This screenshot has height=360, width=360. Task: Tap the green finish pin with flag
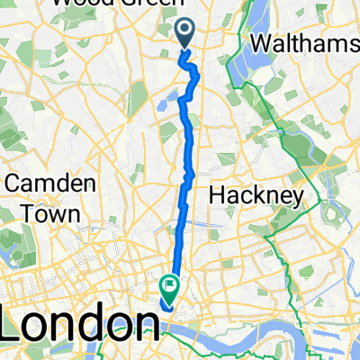(168, 286)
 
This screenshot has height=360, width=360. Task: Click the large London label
(76, 322)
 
